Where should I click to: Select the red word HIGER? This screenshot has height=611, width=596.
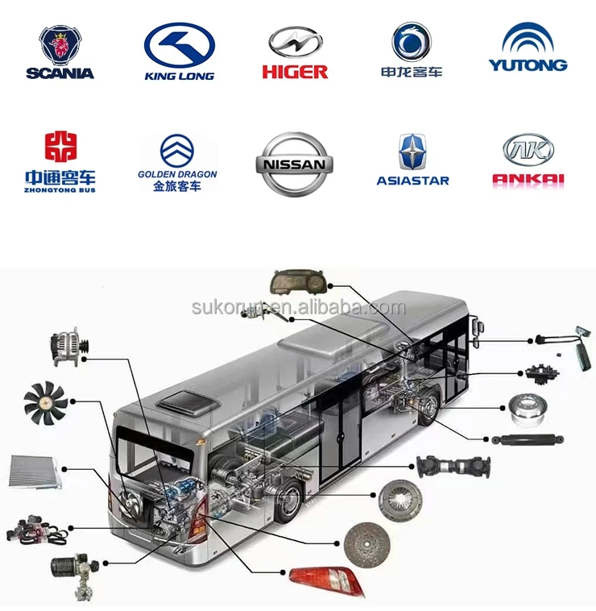(295, 72)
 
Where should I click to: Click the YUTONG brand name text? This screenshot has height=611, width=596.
(528, 64)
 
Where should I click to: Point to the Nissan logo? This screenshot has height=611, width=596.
(294, 164)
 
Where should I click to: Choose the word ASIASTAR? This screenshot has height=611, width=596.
(412, 181)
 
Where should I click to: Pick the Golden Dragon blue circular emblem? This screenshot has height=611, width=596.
(177, 150)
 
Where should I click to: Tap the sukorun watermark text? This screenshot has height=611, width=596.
(299, 308)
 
